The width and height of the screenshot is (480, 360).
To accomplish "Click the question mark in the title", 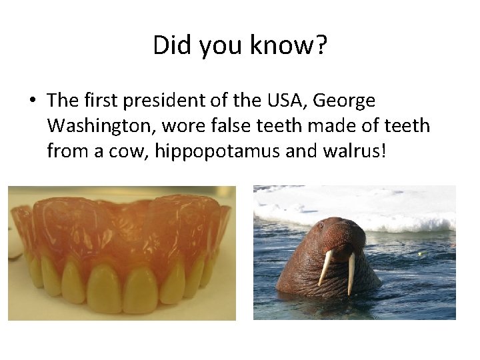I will click(321, 45).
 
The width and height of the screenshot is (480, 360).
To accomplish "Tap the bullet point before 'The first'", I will click(32, 101).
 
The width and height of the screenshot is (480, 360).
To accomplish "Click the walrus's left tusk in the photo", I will click(326, 267).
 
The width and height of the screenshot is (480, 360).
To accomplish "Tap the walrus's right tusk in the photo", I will click(351, 272).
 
